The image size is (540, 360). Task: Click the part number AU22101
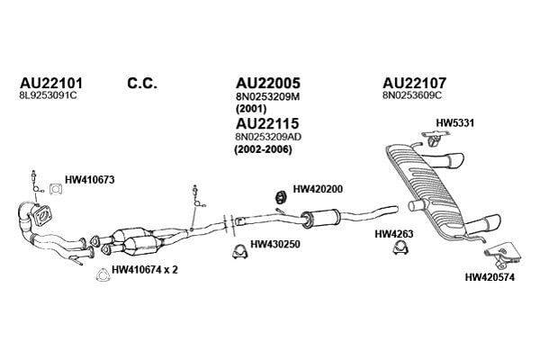pos(51,84)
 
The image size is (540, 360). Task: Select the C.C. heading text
pos(142,84)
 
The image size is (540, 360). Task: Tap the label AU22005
pos(268,83)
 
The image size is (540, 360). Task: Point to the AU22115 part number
pos(267,123)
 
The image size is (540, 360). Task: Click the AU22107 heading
pos(414,83)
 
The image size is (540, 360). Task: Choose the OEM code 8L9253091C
pos(49,95)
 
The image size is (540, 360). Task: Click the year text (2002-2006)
pos(263,150)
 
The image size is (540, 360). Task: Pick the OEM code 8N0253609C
pos(411,95)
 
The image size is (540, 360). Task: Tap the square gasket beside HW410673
pos(56,189)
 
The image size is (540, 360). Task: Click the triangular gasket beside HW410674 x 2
pos(103,274)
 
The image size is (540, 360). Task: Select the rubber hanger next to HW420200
pos(282,197)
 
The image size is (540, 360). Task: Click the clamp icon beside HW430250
pos(239,252)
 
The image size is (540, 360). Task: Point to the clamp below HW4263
pos(400,247)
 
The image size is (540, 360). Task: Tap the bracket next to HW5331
pos(433,139)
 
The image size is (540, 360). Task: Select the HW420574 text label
pos(490,277)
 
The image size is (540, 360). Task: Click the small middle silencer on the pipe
pos(321,218)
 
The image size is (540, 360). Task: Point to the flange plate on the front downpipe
pos(42,216)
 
